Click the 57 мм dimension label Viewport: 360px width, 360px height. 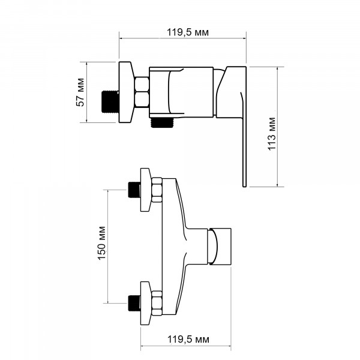point(80,92)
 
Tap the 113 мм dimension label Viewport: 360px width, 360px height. point(272,134)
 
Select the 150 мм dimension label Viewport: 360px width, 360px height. point(102,243)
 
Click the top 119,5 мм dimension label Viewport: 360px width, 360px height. point(188,32)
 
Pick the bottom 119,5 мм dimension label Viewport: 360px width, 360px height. point(188,339)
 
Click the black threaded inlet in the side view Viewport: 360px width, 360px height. point(110,101)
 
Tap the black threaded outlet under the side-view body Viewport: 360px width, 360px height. point(162,122)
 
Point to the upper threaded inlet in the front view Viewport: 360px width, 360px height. point(134,190)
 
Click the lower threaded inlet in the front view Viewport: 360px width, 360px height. point(134,303)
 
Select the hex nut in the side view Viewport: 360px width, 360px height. point(142,92)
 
